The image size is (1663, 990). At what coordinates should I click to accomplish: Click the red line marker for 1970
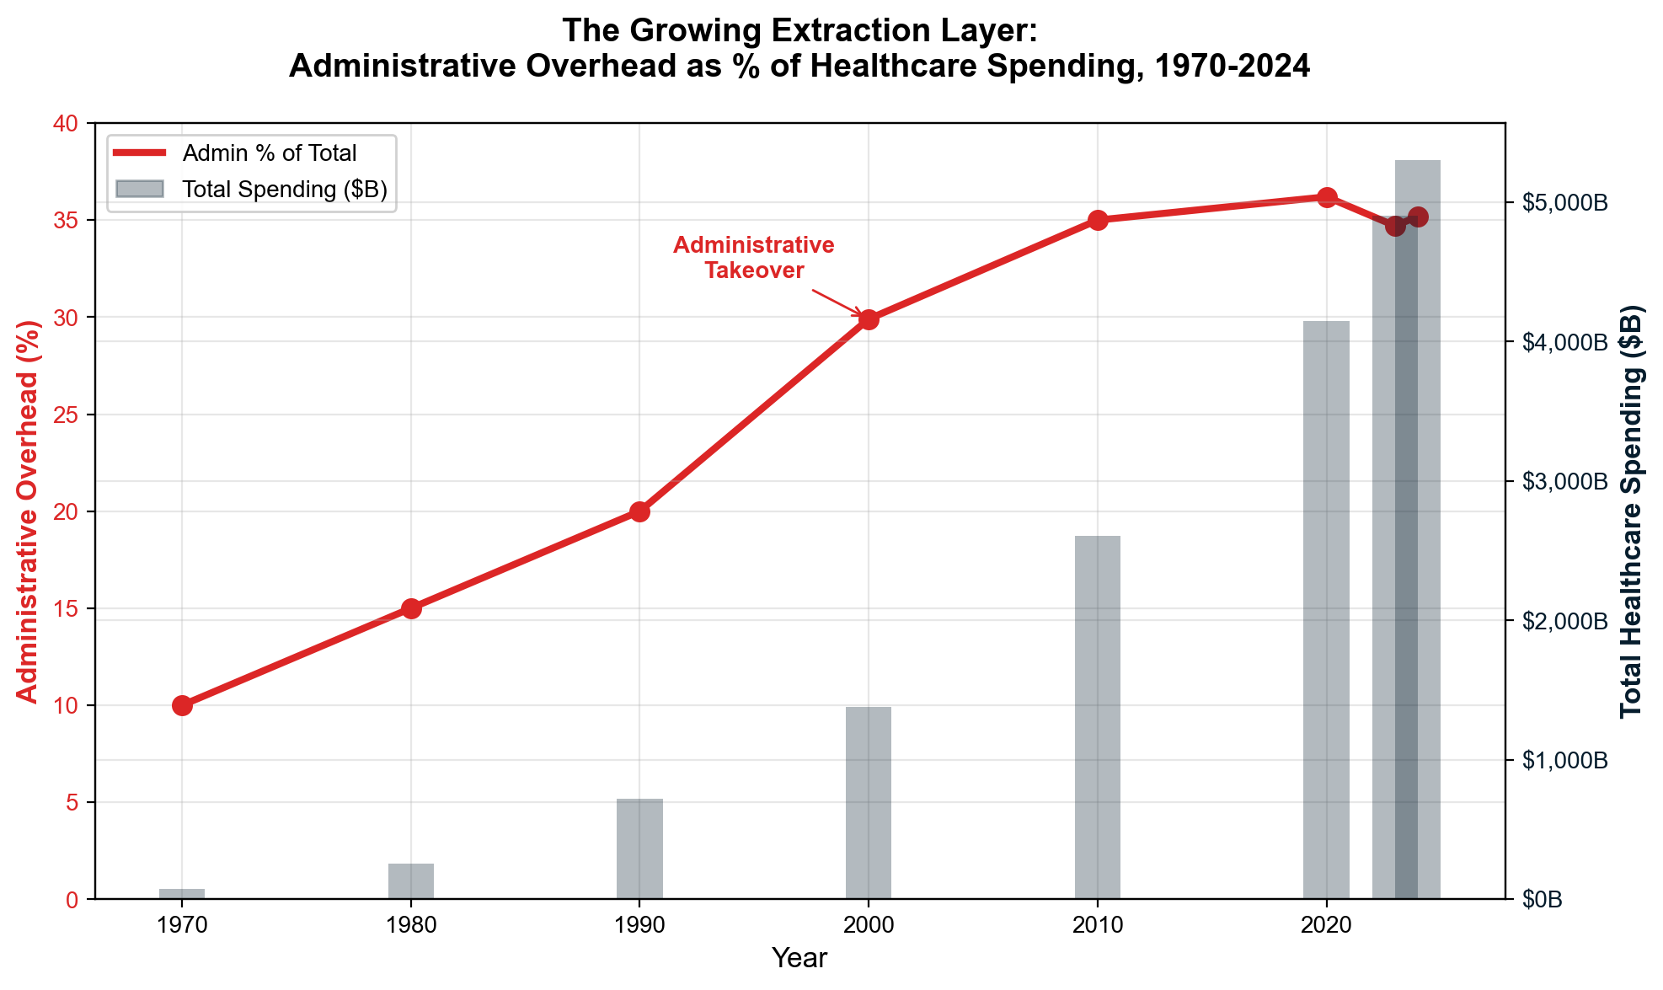point(182,705)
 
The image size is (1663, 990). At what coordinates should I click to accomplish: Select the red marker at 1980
point(411,608)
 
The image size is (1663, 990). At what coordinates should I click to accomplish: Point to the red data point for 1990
point(639,511)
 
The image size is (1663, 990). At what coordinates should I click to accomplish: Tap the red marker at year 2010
point(1098,220)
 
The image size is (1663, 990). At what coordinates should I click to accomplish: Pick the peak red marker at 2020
point(1327,197)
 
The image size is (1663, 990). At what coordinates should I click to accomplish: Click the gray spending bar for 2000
point(869,802)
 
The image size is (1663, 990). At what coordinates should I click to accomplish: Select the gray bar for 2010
point(1098,716)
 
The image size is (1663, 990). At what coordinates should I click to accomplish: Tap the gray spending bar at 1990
point(639,848)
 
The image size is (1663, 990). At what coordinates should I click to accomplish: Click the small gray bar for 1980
point(411,881)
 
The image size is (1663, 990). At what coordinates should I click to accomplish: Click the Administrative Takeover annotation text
point(754,258)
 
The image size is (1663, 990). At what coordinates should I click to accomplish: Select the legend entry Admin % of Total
point(270,153)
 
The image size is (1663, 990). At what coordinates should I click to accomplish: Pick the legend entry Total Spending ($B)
point(285,190)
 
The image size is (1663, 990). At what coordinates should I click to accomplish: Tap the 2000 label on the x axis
point(869,925)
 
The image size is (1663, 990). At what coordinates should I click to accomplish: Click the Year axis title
point(799,958)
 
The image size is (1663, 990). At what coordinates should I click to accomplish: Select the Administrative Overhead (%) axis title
point(28,511)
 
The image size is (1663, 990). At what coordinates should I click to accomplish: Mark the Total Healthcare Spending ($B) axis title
point(1632,511)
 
